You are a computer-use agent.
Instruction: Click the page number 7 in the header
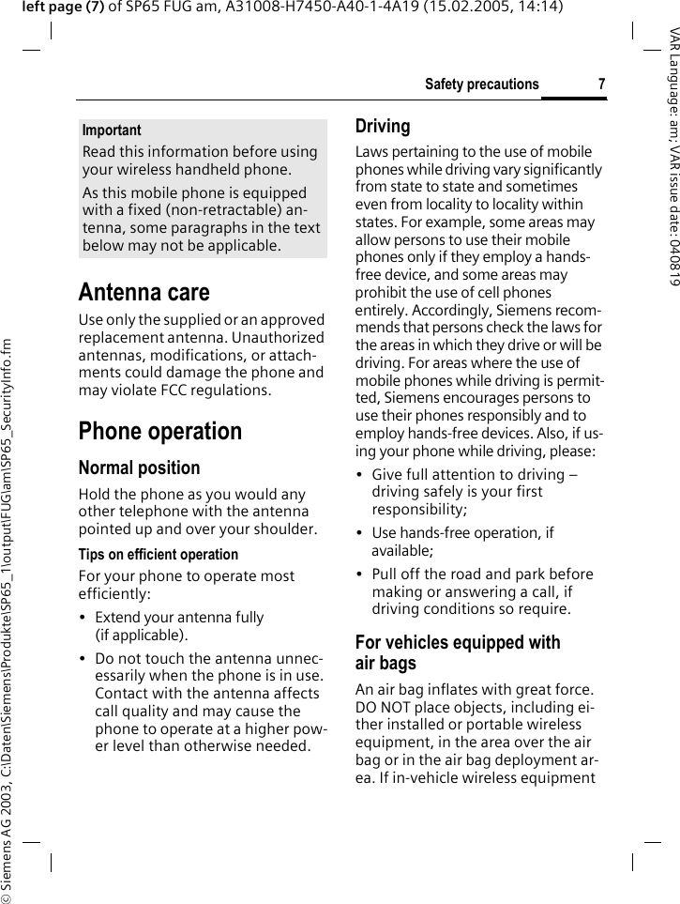point(601,84)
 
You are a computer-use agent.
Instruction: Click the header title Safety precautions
point(481,84)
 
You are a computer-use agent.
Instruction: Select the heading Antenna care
point(144,292)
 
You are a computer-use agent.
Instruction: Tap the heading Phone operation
point(160,431)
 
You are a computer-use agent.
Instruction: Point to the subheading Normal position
point(139,467)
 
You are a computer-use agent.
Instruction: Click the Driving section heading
point(383,126)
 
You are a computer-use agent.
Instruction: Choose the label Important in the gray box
point(112,130)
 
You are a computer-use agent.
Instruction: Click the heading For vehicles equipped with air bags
point(457,652)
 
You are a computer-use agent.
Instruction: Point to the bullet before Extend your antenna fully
point(83,618)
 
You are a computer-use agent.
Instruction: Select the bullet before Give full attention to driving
point(360,475)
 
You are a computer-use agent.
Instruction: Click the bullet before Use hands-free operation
point(360,533)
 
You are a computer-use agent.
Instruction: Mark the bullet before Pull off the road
point(360,575)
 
